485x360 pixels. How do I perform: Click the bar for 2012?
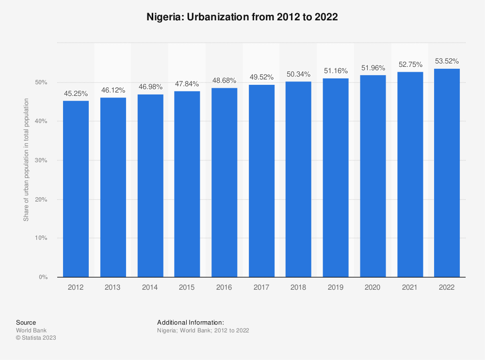tap(76, 189)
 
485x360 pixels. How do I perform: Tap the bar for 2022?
tap(447, 173)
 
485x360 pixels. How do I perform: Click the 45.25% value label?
tap(76, 94)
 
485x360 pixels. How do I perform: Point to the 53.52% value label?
tap(447, 61)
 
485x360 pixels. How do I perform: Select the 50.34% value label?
tap(298, 74)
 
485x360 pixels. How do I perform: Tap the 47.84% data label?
tap(187, 83)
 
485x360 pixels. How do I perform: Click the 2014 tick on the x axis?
tap(150, 287)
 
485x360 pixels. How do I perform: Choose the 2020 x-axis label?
tap(372, 287)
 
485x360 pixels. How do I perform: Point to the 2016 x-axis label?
tap(224, 287)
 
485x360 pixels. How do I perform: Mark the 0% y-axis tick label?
tap(43, 278)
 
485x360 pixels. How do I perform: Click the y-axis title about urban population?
tap(26, 160)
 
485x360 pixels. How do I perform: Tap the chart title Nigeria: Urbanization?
tap(242, 17)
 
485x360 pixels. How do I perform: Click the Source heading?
tap(26, 322)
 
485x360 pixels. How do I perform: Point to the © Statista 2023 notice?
tap(36, 338)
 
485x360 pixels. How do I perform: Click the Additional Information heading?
tap(191, 322)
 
